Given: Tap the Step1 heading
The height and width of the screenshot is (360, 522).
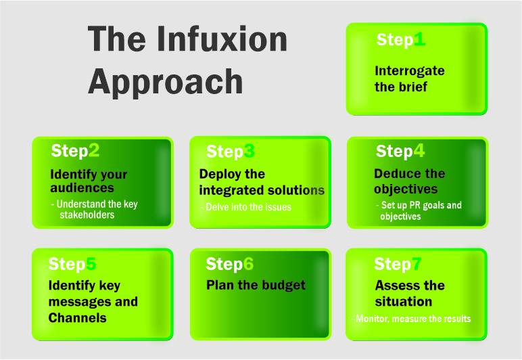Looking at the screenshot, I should coord(401,40).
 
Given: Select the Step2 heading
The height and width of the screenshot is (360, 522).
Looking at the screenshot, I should coord(75,150).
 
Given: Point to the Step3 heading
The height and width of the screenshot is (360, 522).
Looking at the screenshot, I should coord(230,152).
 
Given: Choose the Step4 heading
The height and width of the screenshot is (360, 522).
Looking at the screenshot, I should coord(400,151).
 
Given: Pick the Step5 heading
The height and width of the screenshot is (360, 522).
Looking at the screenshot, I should coord(72,263).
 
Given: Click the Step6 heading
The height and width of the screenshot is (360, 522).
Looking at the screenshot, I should coord(229,264).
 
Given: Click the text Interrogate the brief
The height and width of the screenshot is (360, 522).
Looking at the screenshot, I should coord(400,78).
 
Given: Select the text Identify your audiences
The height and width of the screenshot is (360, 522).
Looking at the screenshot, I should coord(88,181).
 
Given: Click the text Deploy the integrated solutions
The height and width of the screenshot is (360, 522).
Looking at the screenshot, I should coord(262,182).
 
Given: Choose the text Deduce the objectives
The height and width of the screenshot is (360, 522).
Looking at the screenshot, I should coord(409,181).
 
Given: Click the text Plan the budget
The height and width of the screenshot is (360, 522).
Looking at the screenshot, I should coord(256,285).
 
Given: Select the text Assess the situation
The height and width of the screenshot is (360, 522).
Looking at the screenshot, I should coord(410,293).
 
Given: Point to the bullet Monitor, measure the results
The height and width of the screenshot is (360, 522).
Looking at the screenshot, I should coord(411,318).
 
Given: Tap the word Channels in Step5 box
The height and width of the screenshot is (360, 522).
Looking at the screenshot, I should coord(77,317).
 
